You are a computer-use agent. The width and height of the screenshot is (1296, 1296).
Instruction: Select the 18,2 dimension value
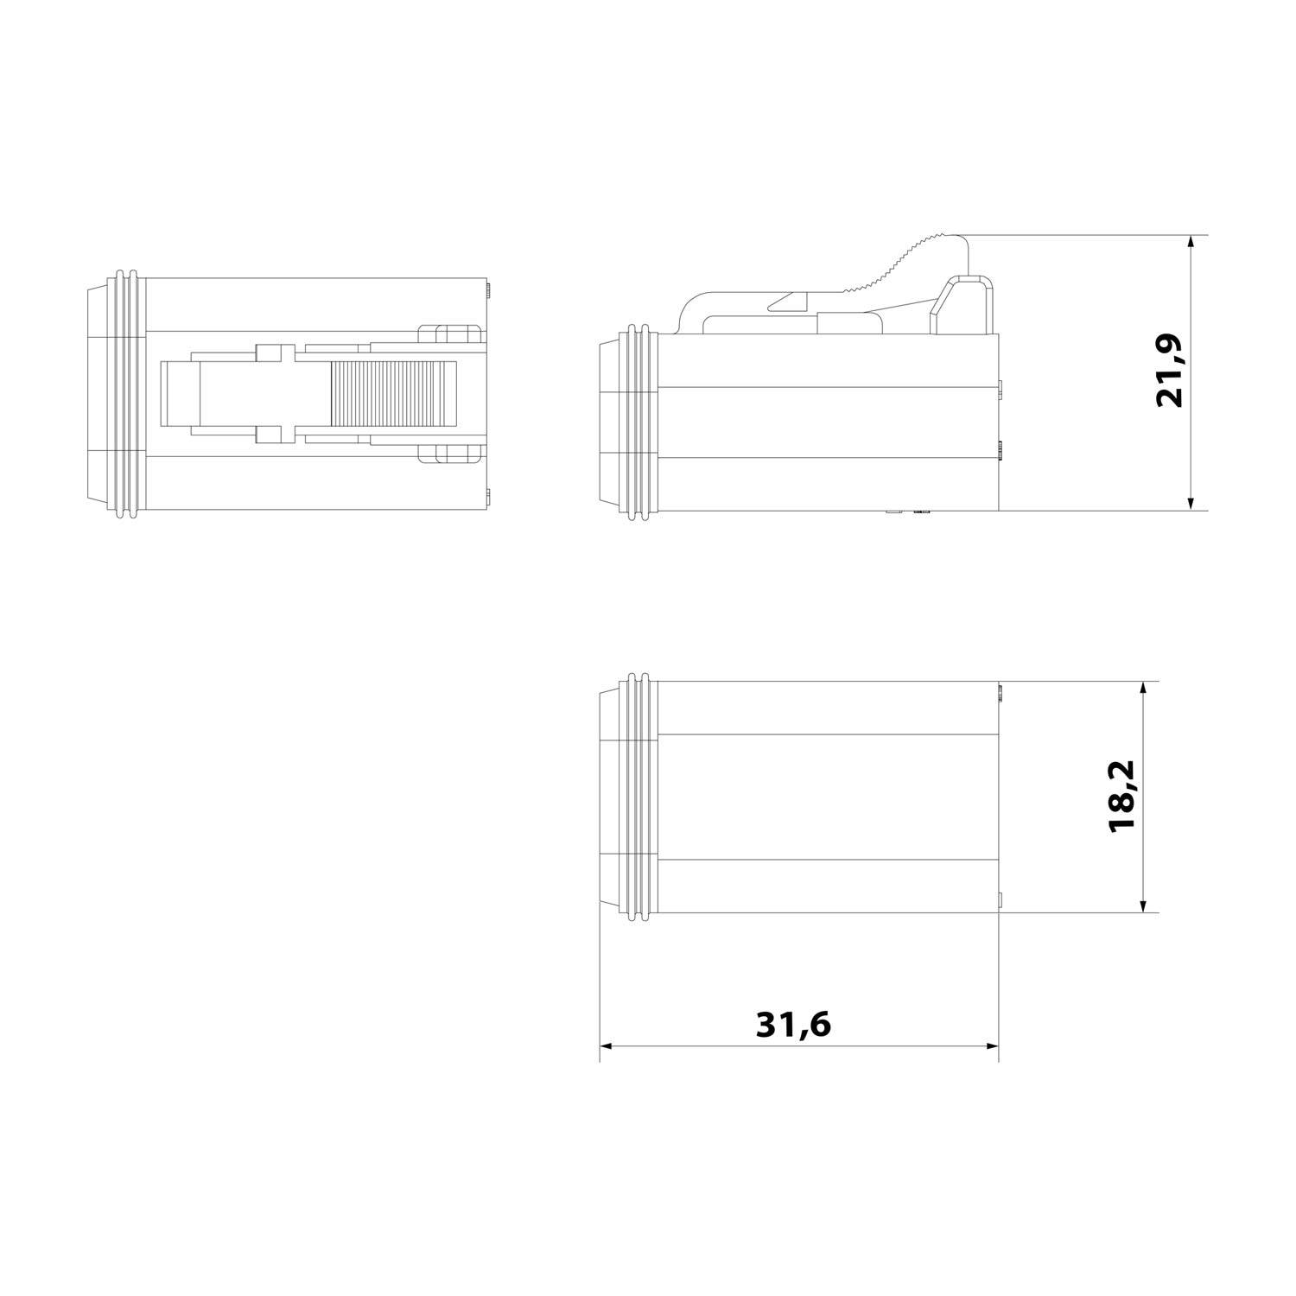(1122, 797)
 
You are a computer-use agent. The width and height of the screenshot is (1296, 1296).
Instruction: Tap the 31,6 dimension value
(793, 1025)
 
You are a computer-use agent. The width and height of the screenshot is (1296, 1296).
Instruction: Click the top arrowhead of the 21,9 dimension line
(1191, 241)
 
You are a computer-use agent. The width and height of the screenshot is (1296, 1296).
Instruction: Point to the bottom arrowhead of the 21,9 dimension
(1191, 503)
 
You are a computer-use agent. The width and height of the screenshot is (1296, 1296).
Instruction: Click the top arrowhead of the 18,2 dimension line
(1143, 689)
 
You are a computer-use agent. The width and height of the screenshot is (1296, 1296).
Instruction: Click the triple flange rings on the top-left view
(126, 397)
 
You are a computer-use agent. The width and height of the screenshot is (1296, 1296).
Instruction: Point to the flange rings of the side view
(638, 423)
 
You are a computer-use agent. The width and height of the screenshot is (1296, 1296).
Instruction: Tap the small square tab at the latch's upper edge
(269, 353)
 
